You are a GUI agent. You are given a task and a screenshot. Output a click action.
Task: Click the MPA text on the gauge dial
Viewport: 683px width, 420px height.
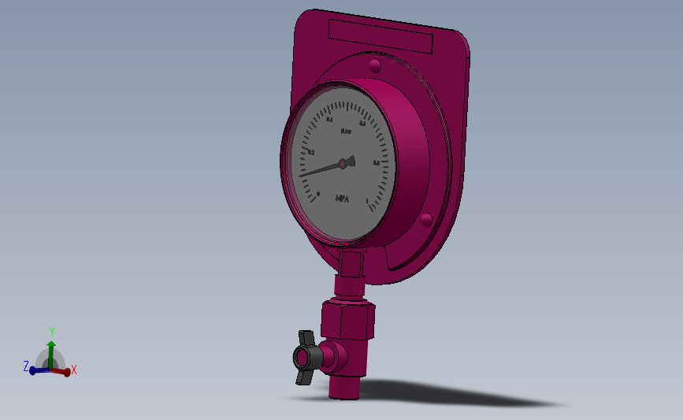(x=343, y=199)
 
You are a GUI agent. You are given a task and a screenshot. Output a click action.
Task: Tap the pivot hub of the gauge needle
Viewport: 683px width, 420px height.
(x=343, y=163)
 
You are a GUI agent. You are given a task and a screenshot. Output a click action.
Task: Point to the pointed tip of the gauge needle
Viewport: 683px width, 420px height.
(x=302, y=175)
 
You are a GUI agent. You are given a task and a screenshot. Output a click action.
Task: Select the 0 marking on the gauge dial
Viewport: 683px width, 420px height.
(x=318, y=193)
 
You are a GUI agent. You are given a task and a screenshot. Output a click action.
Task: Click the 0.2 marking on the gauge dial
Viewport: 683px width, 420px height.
(x=311, y=152)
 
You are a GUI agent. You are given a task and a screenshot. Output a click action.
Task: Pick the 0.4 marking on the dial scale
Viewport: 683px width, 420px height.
(x=329, y=120)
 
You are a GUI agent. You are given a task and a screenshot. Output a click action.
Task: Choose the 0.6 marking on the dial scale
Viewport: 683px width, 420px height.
(x=362, y=123)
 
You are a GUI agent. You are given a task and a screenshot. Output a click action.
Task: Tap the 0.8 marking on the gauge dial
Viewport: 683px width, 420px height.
(x=377, y=163)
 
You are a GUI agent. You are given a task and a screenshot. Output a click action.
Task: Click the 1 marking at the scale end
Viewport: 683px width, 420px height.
(x=368, y=200)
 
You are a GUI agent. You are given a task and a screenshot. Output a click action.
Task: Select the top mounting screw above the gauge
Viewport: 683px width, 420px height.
(x=374, y=65)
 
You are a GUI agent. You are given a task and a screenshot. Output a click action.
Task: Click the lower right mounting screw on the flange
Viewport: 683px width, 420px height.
(x=425, y=218)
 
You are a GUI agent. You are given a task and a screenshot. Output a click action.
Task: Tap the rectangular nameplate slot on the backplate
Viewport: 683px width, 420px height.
(x=380, y=36)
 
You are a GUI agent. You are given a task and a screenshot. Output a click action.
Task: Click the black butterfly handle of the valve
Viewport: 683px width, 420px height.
(x=306, y=357)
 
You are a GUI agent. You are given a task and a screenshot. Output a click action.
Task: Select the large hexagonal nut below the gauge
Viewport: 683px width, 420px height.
(x=347, y=320)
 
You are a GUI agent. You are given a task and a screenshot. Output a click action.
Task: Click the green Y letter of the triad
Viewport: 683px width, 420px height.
(x=52, y=332)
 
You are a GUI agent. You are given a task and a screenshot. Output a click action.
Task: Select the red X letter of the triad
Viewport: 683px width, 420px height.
(x=74, y=369)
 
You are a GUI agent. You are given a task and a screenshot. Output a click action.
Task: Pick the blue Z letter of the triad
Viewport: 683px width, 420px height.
(x=26, y=366)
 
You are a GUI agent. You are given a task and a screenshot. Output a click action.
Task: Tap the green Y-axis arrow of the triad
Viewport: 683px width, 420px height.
(x=51, y=351)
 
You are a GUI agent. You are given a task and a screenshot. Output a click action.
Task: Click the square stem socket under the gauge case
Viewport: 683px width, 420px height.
(x=351, y=263)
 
